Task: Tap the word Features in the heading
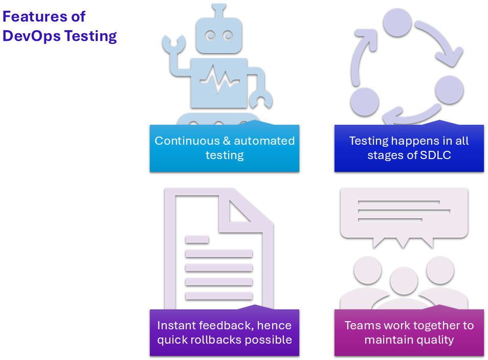(31, 16)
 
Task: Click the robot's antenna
(219, 11)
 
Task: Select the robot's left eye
(210, 35)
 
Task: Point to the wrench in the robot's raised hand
(171, 44)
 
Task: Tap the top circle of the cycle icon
(397, 21)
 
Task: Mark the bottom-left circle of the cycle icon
(364, 101)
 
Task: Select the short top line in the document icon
(197, 239)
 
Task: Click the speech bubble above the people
(404, 212)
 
